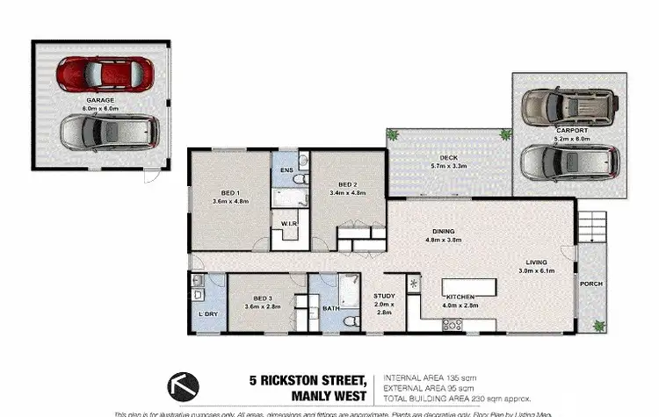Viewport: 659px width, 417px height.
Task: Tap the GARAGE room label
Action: (100, 101)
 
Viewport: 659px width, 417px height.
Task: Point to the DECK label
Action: (450, 159)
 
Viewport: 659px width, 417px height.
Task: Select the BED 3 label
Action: (263, 298)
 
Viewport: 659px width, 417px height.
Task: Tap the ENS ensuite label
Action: (286, 169)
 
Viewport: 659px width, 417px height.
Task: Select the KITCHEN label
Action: (462, 297)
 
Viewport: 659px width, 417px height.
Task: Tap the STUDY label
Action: (384, 297)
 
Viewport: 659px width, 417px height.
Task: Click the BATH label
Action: (331, 308)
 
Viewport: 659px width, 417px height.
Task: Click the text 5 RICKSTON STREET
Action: (307, 379)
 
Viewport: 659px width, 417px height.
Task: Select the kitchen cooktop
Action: (453, 324)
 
